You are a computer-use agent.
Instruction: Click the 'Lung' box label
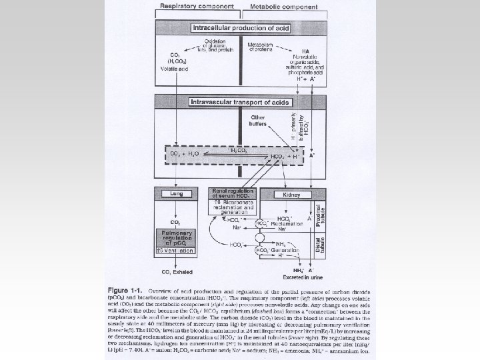(176, 193)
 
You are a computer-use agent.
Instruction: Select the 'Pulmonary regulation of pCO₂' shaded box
(176, 237)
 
